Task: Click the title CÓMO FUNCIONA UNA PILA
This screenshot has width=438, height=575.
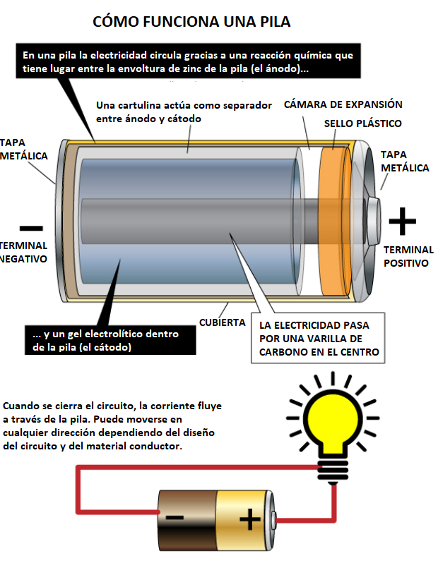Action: click(x=191, y=22)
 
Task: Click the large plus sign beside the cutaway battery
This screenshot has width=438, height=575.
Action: click(x=403, y=221)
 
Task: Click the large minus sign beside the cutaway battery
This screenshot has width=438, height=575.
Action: click(x=31, y=228)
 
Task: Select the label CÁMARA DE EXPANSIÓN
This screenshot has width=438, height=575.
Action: click(x=343, y=104)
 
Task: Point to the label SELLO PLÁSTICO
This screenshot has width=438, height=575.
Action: click(x=363, y=123)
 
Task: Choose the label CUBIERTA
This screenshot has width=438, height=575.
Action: click(x=222, y=322)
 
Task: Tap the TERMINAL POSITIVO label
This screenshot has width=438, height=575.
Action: click(x=408, y=256)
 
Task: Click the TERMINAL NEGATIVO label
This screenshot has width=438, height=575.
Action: click(x=23, y=252)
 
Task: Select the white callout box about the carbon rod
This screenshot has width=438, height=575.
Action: click(x=319, y=339)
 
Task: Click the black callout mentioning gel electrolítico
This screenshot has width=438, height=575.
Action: click(x=105, y=340)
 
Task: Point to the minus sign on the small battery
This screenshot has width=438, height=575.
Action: click(x=174, y=519)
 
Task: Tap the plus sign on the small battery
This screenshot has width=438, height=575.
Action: click(x=249, y=520)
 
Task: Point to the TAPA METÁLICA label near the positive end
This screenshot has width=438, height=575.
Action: click(x=404, y=161)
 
